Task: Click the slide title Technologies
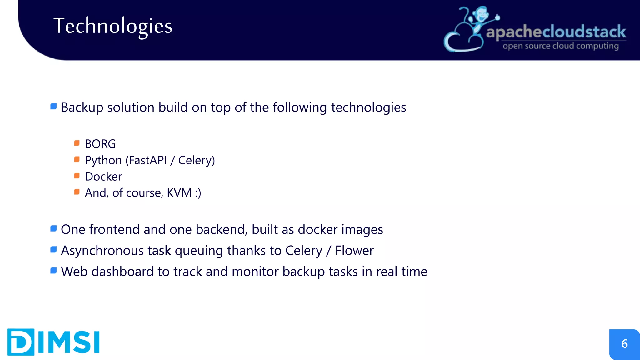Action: pyautogui.click(x=113, y=26)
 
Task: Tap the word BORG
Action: pyautogui.click(x=100, y=144)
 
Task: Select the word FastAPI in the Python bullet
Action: pyautogui.click(x=148, y=160)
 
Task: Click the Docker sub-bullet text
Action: pyautogui.click(x=103, y=177)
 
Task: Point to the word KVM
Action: pyautogui.click(x=179, y=193)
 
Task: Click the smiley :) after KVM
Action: pyautogui.click(x=198, y=193)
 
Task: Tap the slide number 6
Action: pyautogui.click(x=624, y=344)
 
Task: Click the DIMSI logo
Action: pyautogui.click(x=53, y=342)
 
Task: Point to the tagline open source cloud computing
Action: pyautogui.click(x=561, y=46)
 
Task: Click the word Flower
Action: pyautogui.click(x=354, y=251)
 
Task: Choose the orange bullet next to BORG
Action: pyautogui.click(x=77, y=143)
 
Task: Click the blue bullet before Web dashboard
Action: pyautogui.click(x=53, y=271)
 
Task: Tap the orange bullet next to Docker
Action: pyautogui.click(x=77, y=176)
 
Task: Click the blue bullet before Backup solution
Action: pyautogui.click(x=53, y=107)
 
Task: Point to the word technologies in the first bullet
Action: pyautogui.click(x=368, y=107)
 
